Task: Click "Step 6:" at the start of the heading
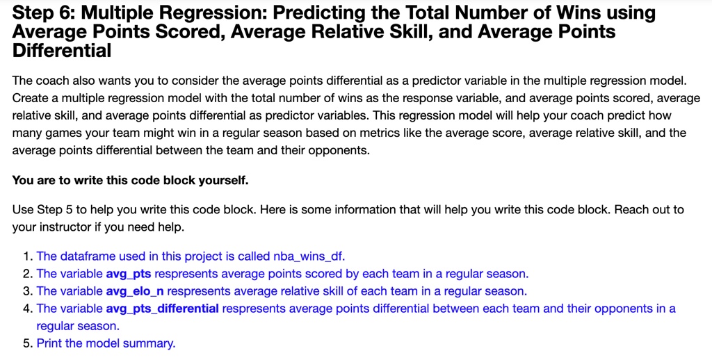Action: click(43, 13)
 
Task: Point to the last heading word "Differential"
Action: click(62, 50)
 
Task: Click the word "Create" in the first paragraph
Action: click(30, 98)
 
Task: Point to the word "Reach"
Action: click(629, 209)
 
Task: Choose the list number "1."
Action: click(28, 256)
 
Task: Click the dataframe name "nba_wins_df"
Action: click(310, 256)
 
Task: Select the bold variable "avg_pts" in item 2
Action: click(129, 273)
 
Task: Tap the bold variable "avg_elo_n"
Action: click(135, 291)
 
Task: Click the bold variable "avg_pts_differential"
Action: click(162, 308)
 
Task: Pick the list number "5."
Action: click(28, 343)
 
